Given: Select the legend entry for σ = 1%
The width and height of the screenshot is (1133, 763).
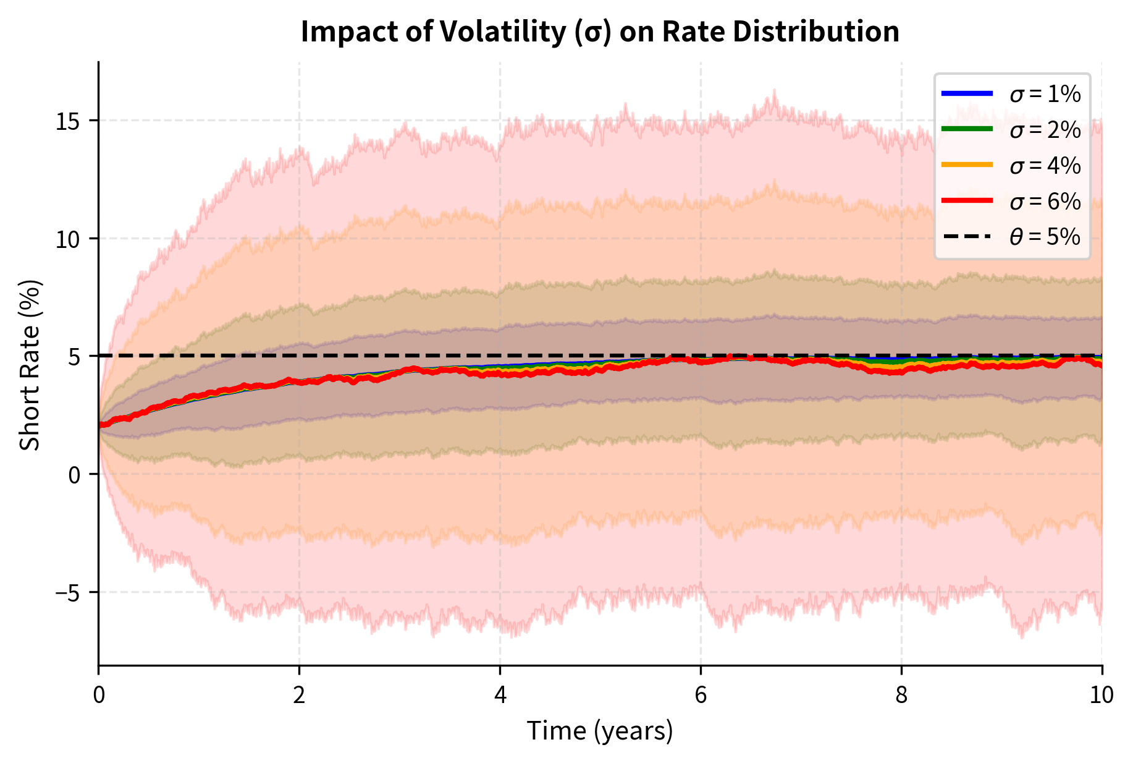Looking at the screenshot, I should pyautogui.click(x=1045, y=94).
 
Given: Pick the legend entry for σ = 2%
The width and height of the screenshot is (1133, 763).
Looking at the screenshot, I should pyautogui.click(x=1045, y=130).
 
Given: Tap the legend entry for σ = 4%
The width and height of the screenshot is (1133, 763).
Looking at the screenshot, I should pyautogui.click(x=1045, y=166).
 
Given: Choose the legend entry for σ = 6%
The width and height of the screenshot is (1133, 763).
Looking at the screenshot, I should pyautogui.click(x=1045, y=202).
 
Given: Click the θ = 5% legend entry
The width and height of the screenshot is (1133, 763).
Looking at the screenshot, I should pyautogui.click(x=1045, y=237).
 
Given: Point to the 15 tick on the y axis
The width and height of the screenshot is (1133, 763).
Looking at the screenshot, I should pyautogui.click(x=69, y=121).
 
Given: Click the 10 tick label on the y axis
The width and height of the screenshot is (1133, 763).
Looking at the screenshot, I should pyautogui.click(x=69, y=239).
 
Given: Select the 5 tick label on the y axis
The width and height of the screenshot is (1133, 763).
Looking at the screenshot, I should pyautogui.click(x=75, y=357).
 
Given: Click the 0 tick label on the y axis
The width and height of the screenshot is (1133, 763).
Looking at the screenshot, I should pyautogui.click(x=75, y=475).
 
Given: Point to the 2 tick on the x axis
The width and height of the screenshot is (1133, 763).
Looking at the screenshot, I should pyautogui.click(x=299, y=696).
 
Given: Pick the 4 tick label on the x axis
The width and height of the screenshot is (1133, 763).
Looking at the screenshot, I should pyautogui.click(x=500, y=696).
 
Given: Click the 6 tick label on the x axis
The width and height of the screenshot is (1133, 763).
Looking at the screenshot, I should pyautogui.click(x=701, y=696).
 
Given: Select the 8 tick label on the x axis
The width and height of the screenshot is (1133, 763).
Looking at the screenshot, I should pyautogui.click(x=901, y=696).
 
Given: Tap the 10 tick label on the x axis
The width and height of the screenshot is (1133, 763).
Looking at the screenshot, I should pyautogui.click(x=1101, y=696).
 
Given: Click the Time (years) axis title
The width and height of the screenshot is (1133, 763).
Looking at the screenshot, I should pyautogui.click(x=599, y=731).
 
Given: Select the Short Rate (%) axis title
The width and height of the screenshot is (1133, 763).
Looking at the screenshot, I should pyautogui.click(x=30, y=365).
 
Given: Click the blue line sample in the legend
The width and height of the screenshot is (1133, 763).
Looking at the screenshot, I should pyautogui.click(x=967, y=94).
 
